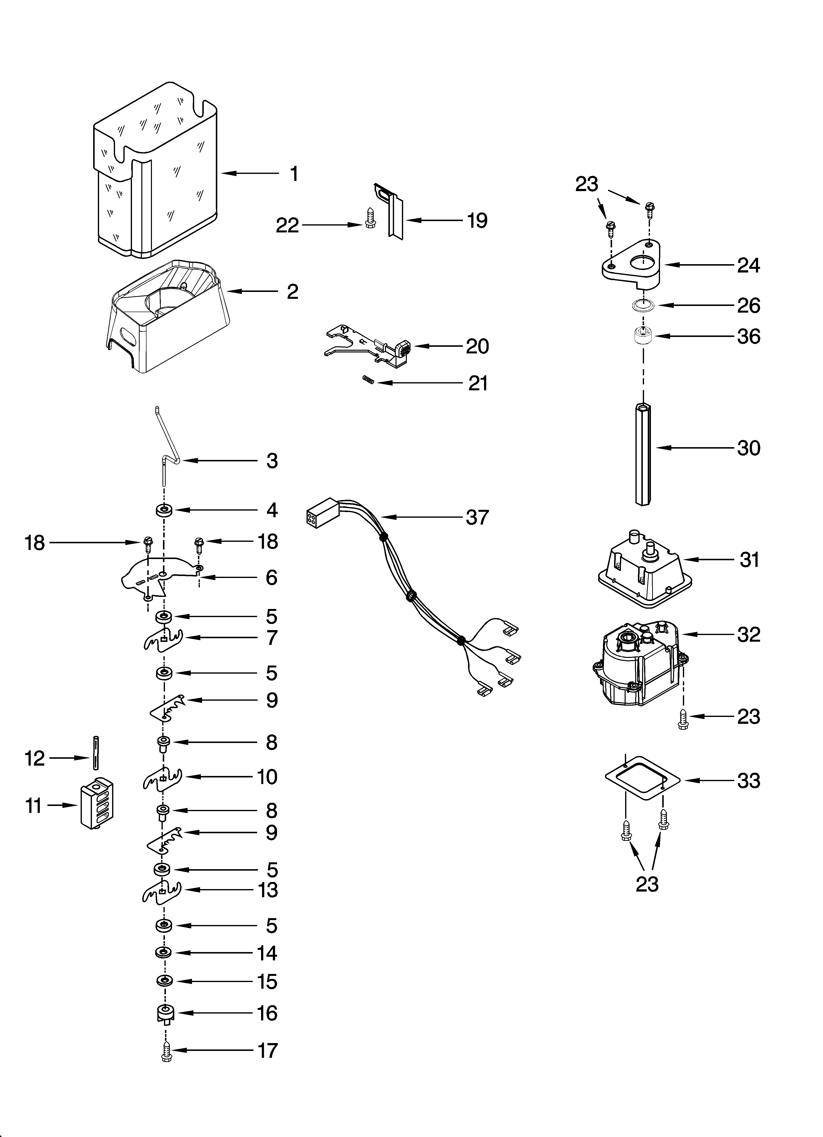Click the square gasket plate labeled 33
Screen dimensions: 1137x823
tap(643, 780)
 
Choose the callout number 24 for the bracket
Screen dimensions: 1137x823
tap(748, 265)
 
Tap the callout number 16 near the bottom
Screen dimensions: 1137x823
tap(267, 1013)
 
